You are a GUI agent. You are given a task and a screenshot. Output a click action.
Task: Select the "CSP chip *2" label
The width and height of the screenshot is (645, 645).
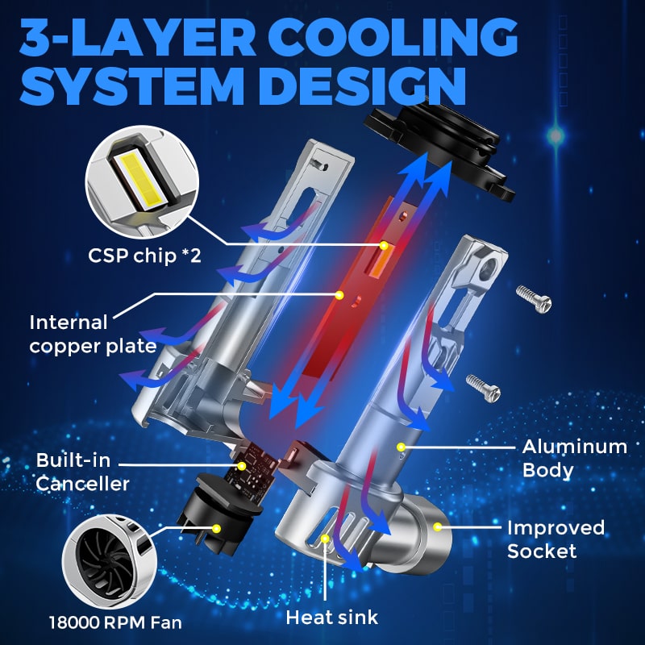[x=144, y=256]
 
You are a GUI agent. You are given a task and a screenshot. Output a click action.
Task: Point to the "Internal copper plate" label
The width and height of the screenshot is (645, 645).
[x=93, y=335]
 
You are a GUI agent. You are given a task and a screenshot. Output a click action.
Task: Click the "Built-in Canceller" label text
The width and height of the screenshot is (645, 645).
[x=82, y=472]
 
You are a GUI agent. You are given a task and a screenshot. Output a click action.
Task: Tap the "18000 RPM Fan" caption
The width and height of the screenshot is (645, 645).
[x=115, y=622]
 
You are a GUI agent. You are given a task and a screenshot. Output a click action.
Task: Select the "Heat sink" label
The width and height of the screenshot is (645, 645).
[x=331, y=618]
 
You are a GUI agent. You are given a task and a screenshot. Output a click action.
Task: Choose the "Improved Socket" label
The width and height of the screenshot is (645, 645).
[x=556, y=539]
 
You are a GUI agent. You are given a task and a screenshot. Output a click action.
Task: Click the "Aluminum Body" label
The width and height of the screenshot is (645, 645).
[x=575, y=458]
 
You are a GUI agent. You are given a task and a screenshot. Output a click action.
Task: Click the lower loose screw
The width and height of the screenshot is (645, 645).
[x=483, y=388]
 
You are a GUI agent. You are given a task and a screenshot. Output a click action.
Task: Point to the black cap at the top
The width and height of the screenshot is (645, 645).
[x=439, y=148]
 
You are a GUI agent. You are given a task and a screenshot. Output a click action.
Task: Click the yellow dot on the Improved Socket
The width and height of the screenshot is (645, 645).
[x=438, y=526]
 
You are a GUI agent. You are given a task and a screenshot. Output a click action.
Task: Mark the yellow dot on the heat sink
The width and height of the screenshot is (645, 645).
[x=326, y=538]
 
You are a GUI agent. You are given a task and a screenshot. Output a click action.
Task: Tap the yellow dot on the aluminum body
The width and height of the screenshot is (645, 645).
[x=401, y=447]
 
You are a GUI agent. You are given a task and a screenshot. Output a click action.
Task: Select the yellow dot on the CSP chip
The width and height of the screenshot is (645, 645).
[x=384, y=246]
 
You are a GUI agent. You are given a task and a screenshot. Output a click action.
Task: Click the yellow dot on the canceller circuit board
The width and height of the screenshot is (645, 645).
[x=242, y=466]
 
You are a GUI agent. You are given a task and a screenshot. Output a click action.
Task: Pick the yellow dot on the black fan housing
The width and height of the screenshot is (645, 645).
[x=217, y=529]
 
